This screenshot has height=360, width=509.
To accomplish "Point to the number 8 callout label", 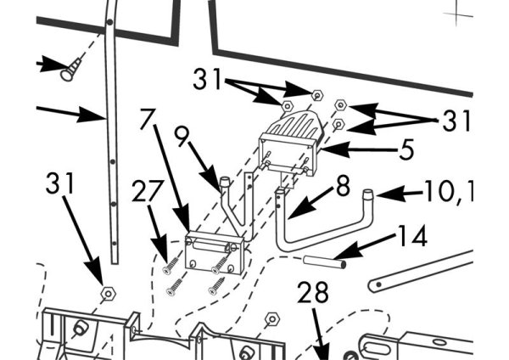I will tap(342, 186).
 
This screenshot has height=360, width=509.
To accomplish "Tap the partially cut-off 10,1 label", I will tap(446, 192).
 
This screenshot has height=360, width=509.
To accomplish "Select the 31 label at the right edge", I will tap(456, 121).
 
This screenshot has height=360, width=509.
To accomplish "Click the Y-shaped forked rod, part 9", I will tap(232, 204).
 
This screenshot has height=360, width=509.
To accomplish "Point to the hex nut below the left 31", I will tap(108, 294).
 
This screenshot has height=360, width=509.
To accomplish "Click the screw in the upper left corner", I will tap(69, 70).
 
